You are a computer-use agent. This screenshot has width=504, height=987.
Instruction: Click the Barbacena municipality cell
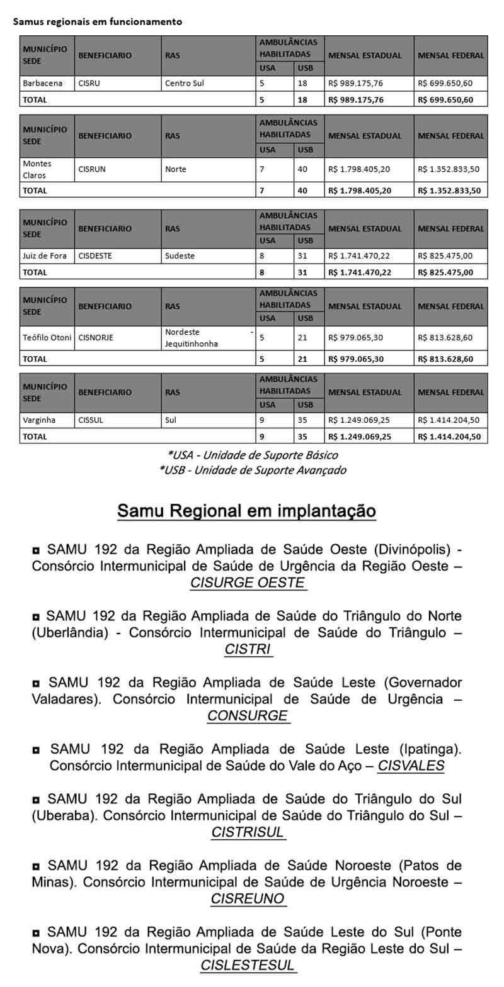[43, 83]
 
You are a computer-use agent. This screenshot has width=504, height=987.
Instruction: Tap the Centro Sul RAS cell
[185, 83]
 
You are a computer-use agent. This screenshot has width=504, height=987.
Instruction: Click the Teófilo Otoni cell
[47, 338]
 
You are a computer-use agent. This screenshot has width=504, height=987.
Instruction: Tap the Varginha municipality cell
[39, 420]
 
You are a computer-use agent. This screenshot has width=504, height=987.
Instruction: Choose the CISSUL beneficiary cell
[91, 420]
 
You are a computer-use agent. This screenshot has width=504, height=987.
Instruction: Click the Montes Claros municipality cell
[38, 169]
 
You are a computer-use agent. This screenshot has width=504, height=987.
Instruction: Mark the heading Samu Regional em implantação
[246, 511]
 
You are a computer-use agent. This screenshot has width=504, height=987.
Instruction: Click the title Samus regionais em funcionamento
[98, 21]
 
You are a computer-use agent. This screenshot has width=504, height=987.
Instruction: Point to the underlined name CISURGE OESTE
[248, 583]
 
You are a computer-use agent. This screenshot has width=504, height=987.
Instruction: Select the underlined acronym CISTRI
[248, 649]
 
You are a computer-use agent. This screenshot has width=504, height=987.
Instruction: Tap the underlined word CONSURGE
[248, 716]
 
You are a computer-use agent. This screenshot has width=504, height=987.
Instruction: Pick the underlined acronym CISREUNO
[248, 899]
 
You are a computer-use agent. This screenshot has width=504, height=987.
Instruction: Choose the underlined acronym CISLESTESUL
[248, 965]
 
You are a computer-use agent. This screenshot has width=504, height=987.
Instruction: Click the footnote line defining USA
[253, 455]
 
